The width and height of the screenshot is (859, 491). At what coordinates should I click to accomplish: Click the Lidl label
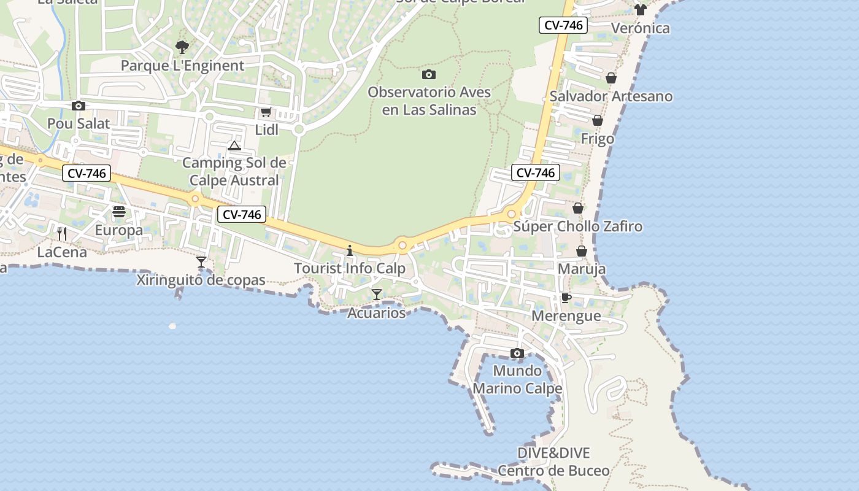(x=266, y=130)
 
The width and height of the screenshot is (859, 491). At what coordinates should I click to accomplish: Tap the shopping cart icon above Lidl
(x=266, y=112)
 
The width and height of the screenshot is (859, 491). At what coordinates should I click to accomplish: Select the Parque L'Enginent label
(x=182, y=66)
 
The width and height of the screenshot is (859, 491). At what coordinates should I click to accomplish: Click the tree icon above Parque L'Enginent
(x=182, y=47)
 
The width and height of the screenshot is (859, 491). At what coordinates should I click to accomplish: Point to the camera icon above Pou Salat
(x=79, y=106)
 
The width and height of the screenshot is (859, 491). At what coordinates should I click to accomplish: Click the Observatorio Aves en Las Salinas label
(x=429, y=101)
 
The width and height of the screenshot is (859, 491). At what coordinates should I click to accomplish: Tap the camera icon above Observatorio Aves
(x=429, y=75)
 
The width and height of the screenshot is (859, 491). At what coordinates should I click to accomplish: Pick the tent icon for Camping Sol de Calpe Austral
(x=234, y=145)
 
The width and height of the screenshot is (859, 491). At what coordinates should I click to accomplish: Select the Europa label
(x=118, y=230)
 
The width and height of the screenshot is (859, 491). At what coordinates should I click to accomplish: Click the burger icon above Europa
(x=119, y=212)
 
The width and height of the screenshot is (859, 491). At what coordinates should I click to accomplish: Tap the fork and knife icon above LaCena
(x=62, y=233)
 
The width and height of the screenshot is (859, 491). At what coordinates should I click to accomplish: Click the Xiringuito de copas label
(x=201, y=280)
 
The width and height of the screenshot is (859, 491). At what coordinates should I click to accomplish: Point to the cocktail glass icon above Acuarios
(x=377, y=295)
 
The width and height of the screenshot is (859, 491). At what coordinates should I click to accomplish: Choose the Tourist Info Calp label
(x=350, y=268)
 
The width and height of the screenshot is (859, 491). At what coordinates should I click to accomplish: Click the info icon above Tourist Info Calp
(x=350, y=250)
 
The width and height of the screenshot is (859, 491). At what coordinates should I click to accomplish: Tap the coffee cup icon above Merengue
(x=566, y=298)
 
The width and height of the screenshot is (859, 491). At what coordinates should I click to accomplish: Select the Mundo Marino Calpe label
(x=517, y=380)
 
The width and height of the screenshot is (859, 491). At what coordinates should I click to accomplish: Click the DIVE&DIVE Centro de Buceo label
(x=553, y=462)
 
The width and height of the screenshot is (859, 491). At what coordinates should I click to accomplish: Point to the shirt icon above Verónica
(x=641, y=10)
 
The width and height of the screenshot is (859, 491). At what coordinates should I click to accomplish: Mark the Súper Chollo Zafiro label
(x=577, y=226)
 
